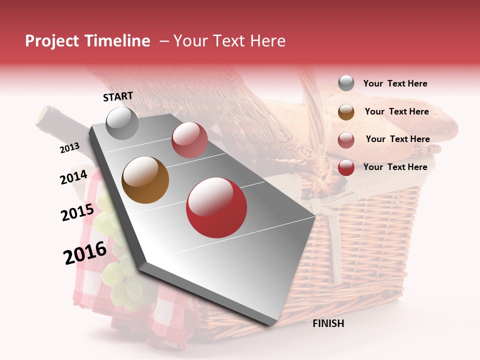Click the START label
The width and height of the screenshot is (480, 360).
coord(118,96)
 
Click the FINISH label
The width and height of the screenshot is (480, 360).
coord(328,323)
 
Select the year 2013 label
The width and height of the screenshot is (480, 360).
coord(70,148)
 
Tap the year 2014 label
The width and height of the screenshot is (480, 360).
coord(74,177)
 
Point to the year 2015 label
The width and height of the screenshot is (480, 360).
coord(77,212)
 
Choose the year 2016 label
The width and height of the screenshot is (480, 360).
coord(85,253)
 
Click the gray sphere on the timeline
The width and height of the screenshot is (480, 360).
coord(122,123)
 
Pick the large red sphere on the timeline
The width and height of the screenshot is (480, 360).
coord(216,207)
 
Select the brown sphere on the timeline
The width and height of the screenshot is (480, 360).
coord(145,180)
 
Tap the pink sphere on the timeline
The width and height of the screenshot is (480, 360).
coord(189,140)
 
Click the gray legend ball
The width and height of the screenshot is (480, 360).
coord(346,83)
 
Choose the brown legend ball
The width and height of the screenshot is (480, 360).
coord(346,112)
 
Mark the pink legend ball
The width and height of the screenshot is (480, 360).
coord(346,140)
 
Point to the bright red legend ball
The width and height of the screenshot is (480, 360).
coord(346,167)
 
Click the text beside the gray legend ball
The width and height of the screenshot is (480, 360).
coord(395,83)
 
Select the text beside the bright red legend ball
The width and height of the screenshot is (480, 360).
coord(395,167)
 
